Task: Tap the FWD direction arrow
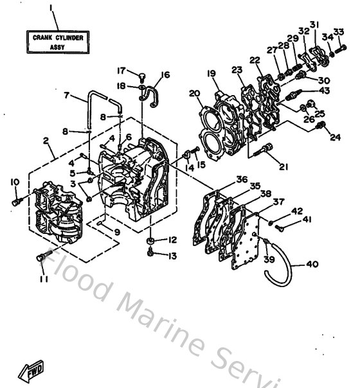[32, 371]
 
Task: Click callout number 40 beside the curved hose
[312, 263]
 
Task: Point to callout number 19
[211, 73]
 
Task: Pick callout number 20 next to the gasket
[194, 94]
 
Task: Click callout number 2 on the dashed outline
[46, 141]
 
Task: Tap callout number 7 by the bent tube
[66, 95]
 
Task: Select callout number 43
[325, 91]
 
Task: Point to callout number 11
[43, 280]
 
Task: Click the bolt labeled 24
[315, 128]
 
